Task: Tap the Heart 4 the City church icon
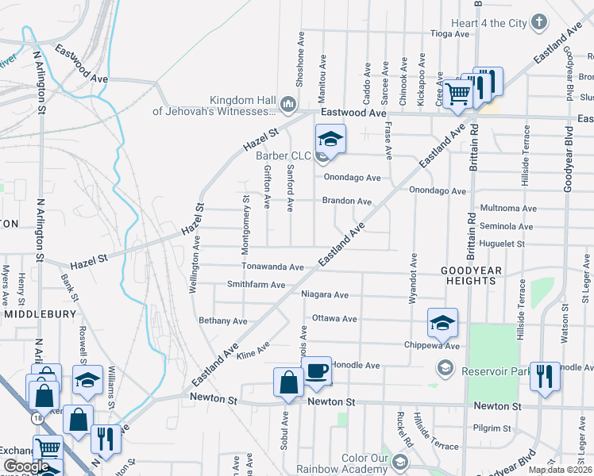539,22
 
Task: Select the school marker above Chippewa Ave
443,323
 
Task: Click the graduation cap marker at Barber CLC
330,140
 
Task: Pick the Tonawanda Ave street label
273,268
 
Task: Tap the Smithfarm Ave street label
256,285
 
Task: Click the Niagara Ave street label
325,294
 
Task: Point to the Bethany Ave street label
223,321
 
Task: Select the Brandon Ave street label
346,202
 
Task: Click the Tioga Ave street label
449,34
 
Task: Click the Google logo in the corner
26,466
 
